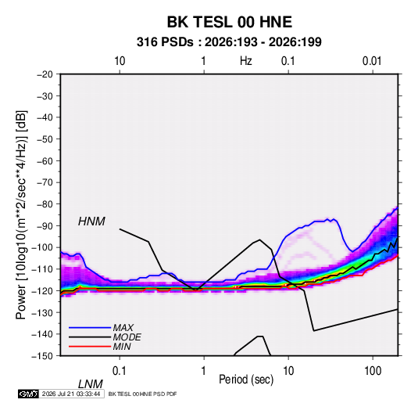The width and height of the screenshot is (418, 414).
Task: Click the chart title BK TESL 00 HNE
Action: coord(229,22)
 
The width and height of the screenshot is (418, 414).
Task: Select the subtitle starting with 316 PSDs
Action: coord(229,42)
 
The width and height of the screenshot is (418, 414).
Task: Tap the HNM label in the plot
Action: coord(91,221)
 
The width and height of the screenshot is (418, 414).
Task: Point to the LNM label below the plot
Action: coord(90,384)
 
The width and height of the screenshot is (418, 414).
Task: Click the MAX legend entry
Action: coord(123,327)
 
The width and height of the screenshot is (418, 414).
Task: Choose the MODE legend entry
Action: coord(127,337)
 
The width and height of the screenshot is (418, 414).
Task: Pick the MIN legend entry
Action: coord(122,347)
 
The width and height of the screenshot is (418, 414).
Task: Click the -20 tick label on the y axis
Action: coord(45,74)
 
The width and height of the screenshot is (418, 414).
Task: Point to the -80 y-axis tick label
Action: coord(45,204)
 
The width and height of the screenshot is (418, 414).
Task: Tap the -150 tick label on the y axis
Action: coord(42,356)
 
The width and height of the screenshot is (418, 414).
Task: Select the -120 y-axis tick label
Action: coord(42,291)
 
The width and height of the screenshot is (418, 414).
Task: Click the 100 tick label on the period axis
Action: coord(373,371)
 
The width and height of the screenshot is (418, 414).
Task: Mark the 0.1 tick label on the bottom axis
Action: coord(120,371)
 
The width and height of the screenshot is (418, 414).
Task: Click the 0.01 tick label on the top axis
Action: coord(372,61)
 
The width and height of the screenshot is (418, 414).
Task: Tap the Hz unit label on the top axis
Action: coord(246,61)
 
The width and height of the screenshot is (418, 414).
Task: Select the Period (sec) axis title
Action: coord(246,380)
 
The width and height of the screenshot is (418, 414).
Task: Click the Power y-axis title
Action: coord(21,215)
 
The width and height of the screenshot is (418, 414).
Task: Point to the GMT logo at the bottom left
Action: coord(28,394)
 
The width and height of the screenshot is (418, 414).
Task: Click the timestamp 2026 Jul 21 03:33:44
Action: coord(71,394)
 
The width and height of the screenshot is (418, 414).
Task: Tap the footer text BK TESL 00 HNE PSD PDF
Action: coord(143,394)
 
